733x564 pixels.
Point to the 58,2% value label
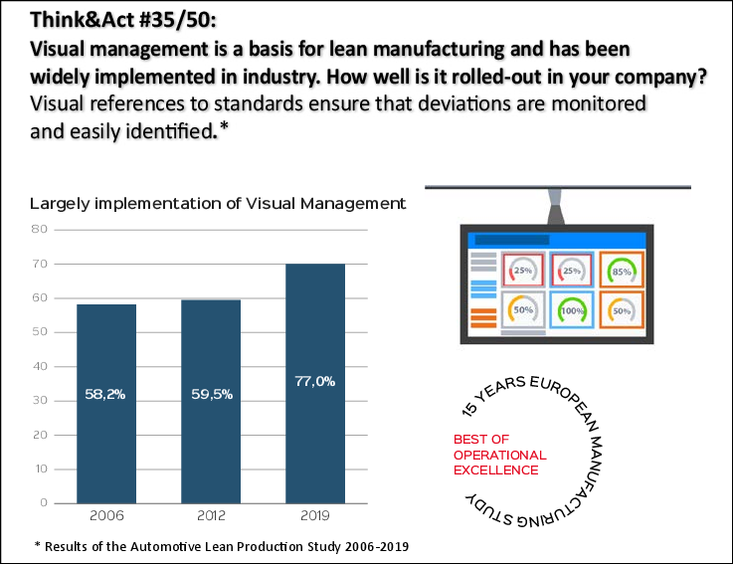point(106,394)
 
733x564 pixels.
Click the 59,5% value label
point(211,394)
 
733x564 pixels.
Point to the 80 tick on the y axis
point(40,229)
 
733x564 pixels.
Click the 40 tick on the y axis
point(40,366)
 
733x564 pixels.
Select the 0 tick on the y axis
point(44,503)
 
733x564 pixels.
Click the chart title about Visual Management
point(218,204)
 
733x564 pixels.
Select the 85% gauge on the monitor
point(623,270)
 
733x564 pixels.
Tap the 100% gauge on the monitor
point(572,310)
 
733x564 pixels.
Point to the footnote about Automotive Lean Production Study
point(221,546)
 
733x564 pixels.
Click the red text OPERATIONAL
point(500,455)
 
